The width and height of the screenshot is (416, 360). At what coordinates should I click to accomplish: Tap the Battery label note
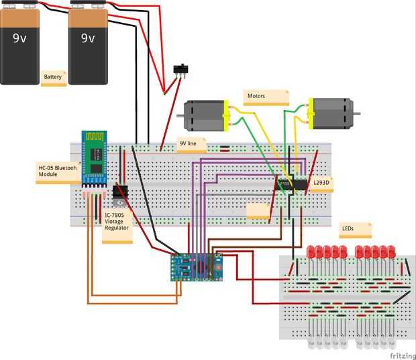53,77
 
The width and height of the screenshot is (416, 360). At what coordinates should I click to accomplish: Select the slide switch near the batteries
180,69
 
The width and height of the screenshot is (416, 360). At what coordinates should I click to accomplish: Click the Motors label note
266,97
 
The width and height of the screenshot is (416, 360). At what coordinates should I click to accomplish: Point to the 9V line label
191,144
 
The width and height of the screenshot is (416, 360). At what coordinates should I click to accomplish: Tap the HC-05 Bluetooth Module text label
56,171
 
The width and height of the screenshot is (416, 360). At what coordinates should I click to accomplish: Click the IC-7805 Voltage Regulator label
117,224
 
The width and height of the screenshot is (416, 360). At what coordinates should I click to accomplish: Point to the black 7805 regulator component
120,191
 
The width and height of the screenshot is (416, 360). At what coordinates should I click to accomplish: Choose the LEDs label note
354,229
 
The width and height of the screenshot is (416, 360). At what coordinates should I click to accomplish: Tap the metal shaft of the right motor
358,113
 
